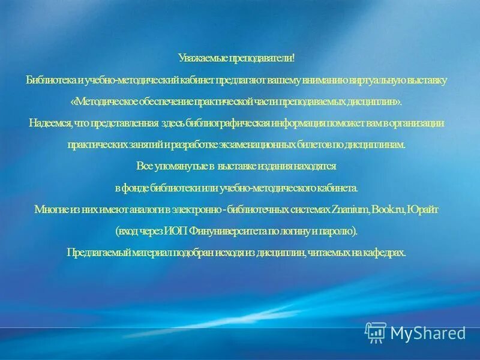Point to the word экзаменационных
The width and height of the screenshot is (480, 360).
[x=260, y=145]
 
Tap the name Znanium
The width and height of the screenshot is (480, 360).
[x=350, y=209]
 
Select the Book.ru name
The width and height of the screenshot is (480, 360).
[x=389, y=209]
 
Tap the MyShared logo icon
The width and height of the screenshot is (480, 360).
[x=376, y=332]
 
